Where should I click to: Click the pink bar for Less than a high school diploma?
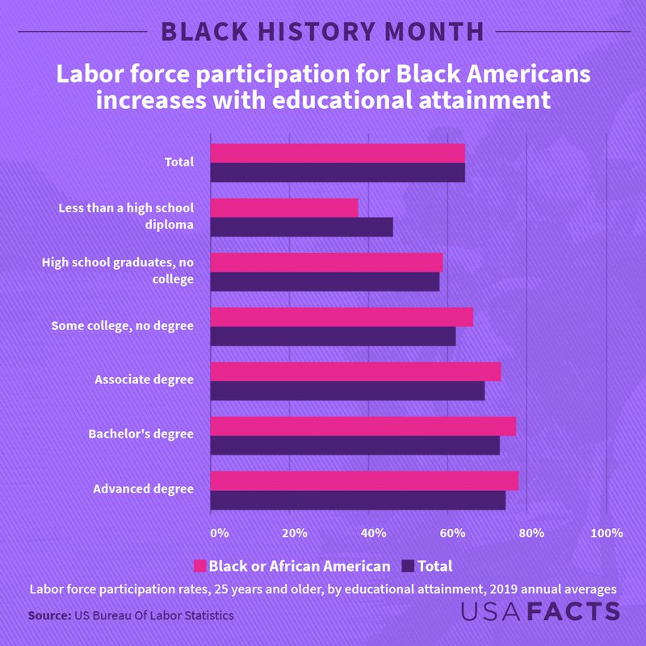(284, 208)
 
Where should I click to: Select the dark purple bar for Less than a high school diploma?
(301, 227)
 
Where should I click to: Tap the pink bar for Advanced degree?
(364, 480)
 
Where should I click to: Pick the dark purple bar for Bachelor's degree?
(354, 445)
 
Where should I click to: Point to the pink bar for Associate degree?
(355, 371)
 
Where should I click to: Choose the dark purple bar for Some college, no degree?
(333, 336)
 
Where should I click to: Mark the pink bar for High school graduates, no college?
(326, 262)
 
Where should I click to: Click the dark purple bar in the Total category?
(338, 172)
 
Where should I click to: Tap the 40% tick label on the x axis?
(372, 533)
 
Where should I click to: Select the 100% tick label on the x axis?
(606, 533)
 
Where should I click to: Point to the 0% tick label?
(219, 533)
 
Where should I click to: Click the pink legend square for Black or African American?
(200, 566)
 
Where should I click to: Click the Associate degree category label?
(144, 379)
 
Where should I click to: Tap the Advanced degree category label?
(143, 489)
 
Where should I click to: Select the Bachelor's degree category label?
(141, 434)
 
